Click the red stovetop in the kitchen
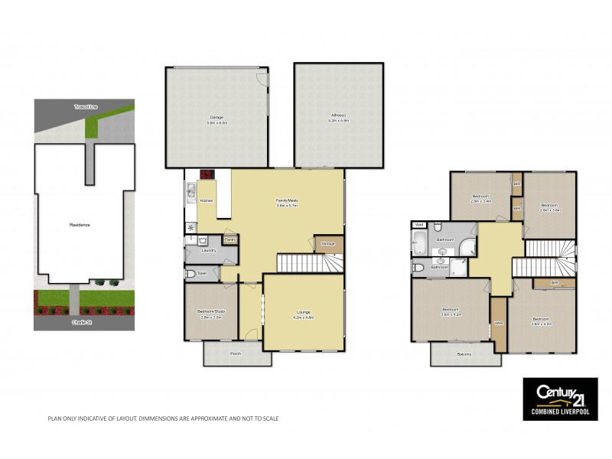tap(206, 174)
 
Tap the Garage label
tap(217, 117)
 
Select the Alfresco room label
tap(339, 116)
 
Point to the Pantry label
tap(229, 240)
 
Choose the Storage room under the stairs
tap(329, 244)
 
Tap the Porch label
tap(236, 353)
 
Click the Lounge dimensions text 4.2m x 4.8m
tap(304, 317)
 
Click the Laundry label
tap(208, 250)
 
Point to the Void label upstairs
tap(418, 225)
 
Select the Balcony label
tap(464, 353)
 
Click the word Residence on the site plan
tap(80, 224)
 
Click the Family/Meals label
tap(287, 200)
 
